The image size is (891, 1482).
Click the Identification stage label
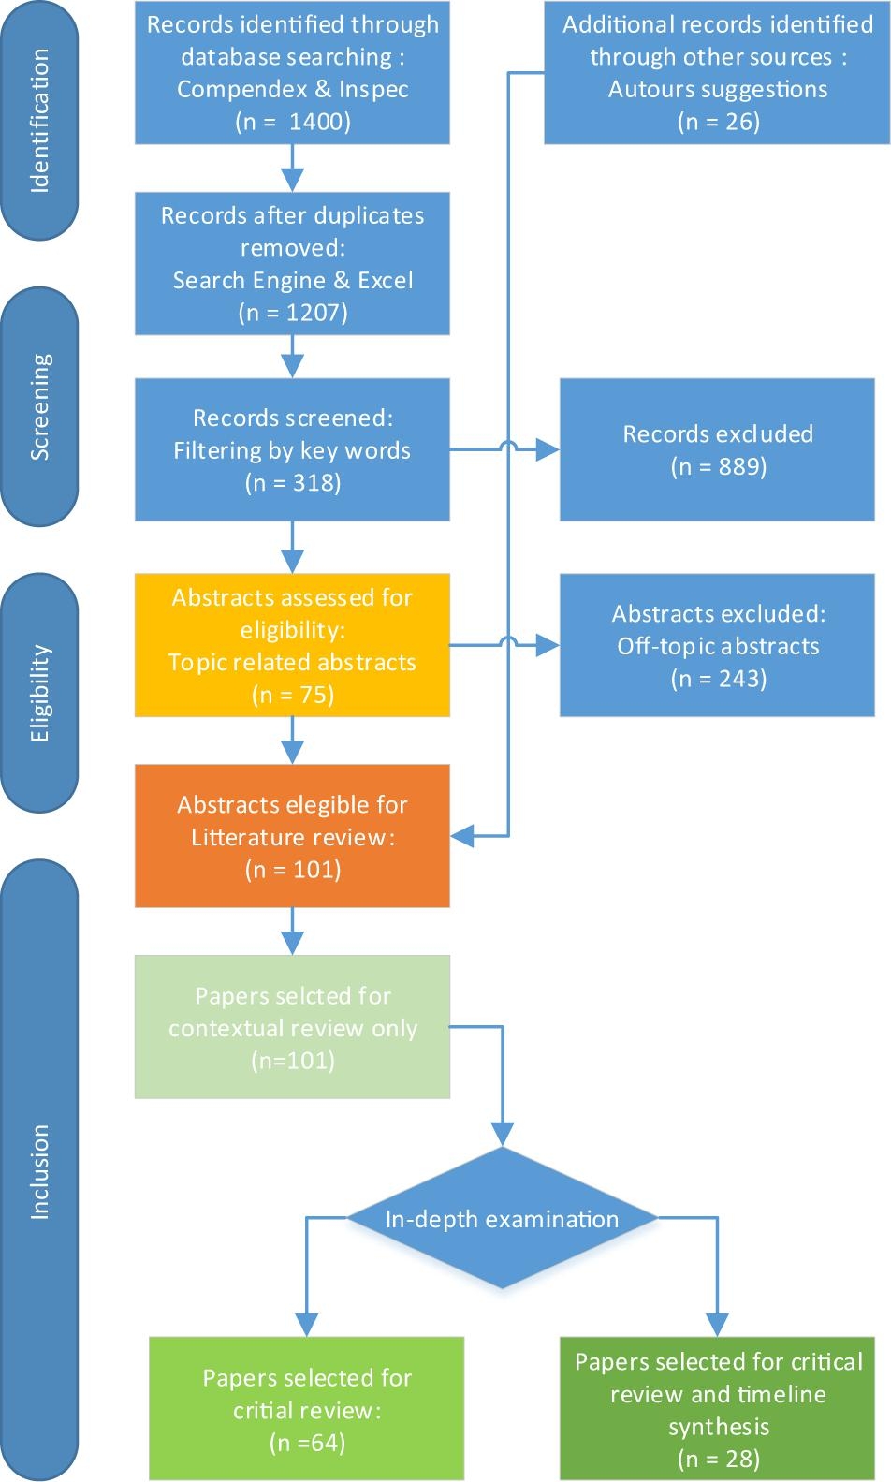[x=39, y=122]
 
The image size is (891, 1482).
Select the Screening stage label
[x=39, y=407]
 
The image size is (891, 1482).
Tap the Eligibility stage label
[x=39, y=694]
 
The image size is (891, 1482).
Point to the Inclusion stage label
[x=39, y=1171]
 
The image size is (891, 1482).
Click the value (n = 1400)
[x=293, y=122]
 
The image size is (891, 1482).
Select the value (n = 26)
[x=718, y=122]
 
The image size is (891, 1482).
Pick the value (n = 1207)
[x=293, y=313]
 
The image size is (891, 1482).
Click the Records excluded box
[x=717, y=449]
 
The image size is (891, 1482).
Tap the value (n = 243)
[x=718, y=679]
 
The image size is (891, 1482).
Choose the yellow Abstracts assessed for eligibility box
[x=292, y=645]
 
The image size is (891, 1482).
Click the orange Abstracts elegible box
[x=292, y=836]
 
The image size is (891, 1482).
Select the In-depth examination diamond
[x=502, y=1219]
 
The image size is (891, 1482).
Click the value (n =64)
[x=307, y=1443]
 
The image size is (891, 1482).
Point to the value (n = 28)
[x=718, y=1459]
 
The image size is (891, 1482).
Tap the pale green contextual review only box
[x=292, y=1027]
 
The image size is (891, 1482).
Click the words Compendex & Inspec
[x=293, y=89]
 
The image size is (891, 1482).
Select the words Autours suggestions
[x=718, y=89]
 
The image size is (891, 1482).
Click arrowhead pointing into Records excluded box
[x=549, y=451]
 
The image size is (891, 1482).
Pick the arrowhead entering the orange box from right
[x=461, y=835]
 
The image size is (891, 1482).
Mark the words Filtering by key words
[x=292, y=450]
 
